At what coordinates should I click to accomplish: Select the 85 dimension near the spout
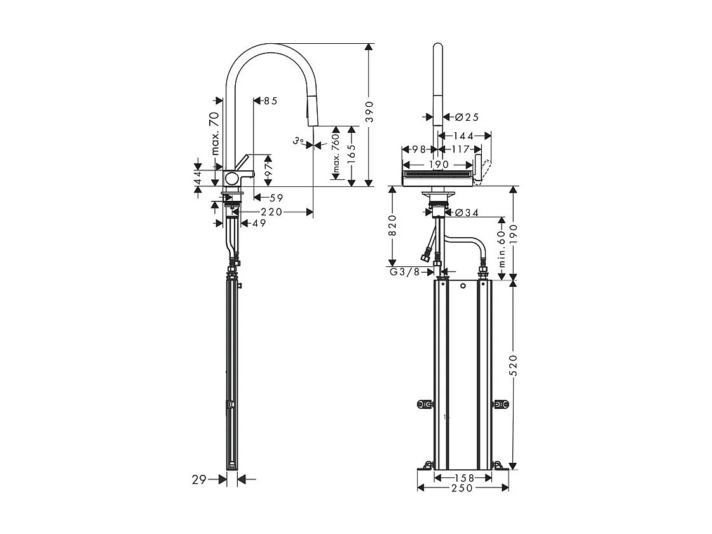click(270, 100)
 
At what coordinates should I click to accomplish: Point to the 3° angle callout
click(298, 140)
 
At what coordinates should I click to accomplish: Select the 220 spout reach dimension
click(271, 212)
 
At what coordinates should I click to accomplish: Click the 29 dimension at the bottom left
click(199, 480)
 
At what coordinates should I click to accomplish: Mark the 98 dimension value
click(418, 149)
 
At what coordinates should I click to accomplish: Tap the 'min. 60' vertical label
click(502, 249)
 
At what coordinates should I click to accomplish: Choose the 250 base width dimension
click(462, 488)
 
